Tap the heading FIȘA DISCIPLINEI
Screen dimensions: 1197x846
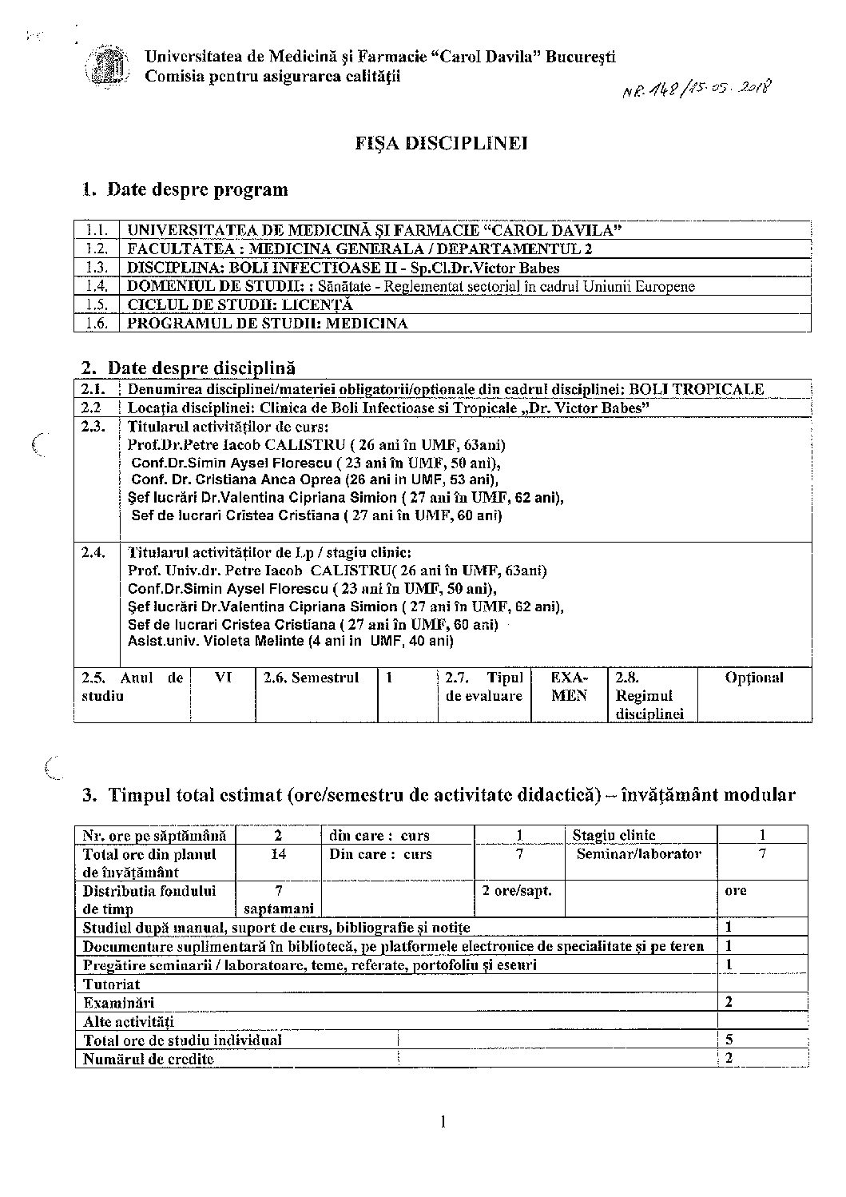(441, 144)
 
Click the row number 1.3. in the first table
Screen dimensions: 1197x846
(97, 268)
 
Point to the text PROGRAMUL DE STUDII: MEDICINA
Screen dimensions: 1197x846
(268, 324)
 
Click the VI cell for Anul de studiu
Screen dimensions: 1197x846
(223, 678)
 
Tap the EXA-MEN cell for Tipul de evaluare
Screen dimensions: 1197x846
(570, 686)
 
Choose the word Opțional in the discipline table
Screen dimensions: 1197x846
(754, 678)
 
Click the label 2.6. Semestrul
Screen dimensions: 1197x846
(312, 678)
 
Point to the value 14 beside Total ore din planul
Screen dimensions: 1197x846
(279, 853)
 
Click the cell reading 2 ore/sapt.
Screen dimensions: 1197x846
(517, 890)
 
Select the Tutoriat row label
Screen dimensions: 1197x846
(112, 984)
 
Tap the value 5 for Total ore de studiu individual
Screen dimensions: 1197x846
(729, 1040)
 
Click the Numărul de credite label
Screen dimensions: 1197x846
(149, 1059)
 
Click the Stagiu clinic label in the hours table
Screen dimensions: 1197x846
(614, 835)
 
